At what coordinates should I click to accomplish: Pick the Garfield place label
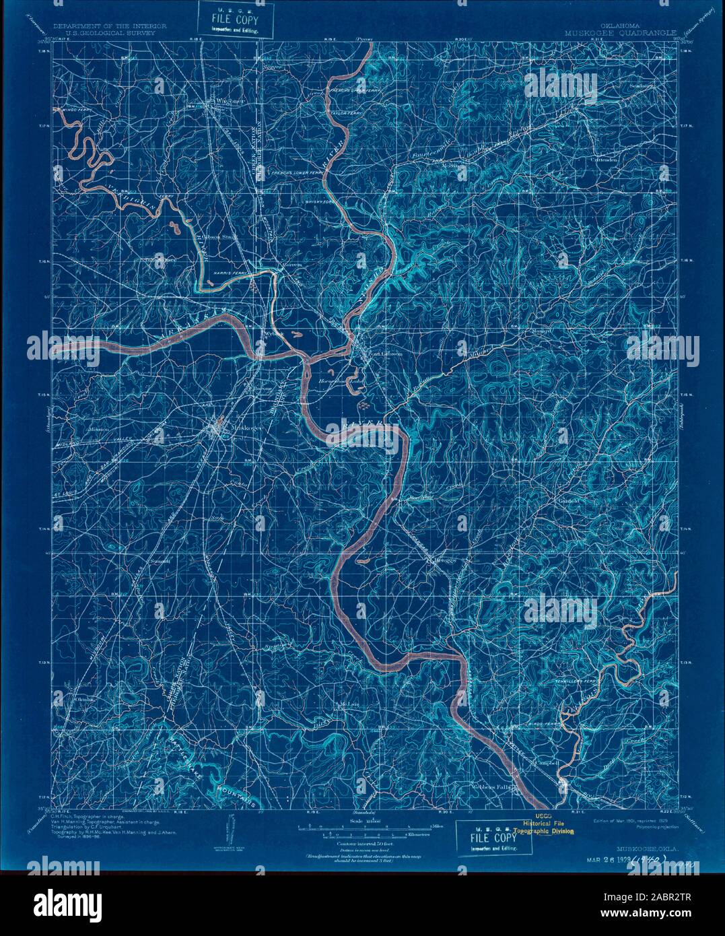click(x=567, y=501)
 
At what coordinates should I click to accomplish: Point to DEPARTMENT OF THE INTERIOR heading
click(x=110, y=26)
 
